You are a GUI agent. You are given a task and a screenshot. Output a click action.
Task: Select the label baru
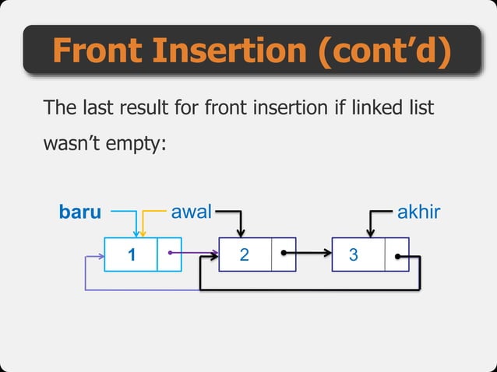tap(80, 212)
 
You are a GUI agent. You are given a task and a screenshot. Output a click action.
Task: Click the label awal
tap(191, 211)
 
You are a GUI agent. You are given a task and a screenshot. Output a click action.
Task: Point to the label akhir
tap(419, 211)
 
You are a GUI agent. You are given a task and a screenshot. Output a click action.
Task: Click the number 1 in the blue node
tap(132, 254)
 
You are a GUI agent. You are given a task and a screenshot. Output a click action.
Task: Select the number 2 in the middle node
tap(245, 254)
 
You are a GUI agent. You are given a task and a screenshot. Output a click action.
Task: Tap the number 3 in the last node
tap(354, 254)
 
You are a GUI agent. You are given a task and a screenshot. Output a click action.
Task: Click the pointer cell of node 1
tap(169, 254)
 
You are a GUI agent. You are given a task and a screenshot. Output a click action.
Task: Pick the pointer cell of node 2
tap(284, 254)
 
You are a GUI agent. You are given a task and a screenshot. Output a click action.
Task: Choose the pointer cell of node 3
tap(397, 254)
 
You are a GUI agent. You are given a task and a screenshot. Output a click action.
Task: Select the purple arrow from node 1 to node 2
tap(195, 253)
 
